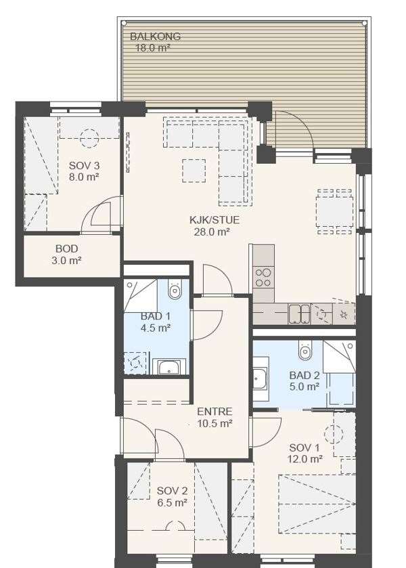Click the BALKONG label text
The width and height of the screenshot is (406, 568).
pos(155,37)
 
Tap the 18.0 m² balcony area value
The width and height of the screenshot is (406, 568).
pos(153,48)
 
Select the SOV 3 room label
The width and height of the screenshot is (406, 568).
pos(84,166)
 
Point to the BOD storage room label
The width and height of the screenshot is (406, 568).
pos(66,249)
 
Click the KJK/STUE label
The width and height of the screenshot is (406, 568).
pos(215,220)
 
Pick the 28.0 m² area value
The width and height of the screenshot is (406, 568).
pos(212,232)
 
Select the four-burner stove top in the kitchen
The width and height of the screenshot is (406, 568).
pos(263,277)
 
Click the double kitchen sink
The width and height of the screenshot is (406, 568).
pos(300,314)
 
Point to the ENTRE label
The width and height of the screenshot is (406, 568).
pos(215,412)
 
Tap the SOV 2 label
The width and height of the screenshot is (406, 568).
pos(172,491)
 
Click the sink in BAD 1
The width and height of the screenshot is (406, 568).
pos(169,366)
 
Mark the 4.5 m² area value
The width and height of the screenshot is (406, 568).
pos(156,328)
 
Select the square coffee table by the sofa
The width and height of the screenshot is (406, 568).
pos(194,171)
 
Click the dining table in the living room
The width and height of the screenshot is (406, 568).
pos(335,211)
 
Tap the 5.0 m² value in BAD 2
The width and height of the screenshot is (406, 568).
pos(304,387)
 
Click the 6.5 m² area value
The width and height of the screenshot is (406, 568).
pos(172,503)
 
